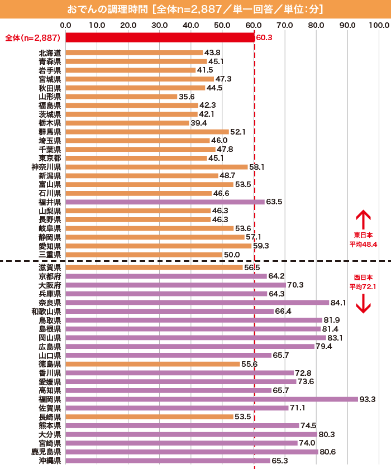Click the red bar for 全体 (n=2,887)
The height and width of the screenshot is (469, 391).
click(160, 37)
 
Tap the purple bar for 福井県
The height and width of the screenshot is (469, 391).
click(165, 202)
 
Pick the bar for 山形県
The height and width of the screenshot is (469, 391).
click(121, 97)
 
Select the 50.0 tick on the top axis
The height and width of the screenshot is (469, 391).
click(223, 25)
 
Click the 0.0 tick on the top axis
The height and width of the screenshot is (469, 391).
click(65, 25)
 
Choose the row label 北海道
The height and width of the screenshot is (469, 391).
click(50, 53)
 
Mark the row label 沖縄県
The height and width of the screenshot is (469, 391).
click(50, 461)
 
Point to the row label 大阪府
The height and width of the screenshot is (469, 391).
click(50, 285)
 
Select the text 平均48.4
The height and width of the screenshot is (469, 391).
click(363, 244)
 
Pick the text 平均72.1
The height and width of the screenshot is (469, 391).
click(363, 286)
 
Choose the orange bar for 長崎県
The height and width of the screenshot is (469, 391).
click(149, 417)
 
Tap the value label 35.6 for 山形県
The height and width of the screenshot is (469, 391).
click(187, 97)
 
